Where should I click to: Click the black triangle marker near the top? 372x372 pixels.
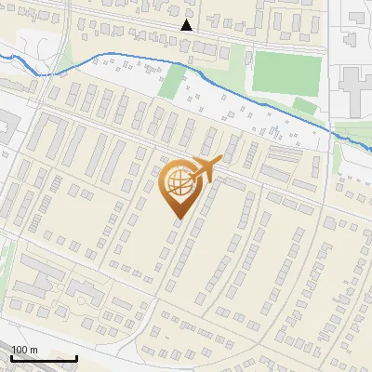187,25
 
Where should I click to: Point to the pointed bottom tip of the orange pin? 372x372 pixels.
179,219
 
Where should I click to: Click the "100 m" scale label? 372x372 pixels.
24,350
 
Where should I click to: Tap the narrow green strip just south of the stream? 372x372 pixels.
171,84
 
